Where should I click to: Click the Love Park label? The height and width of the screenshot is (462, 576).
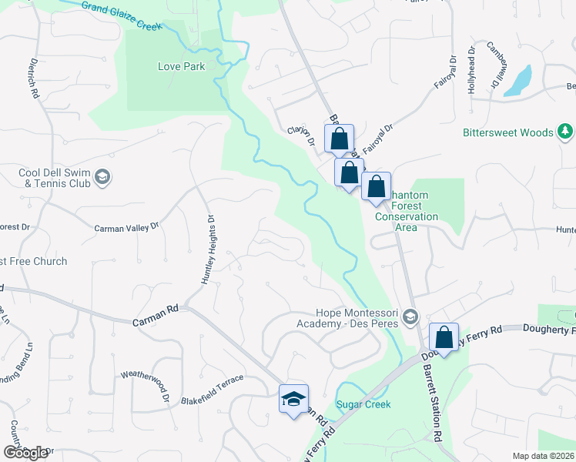pyautogui.click(x=181, y=66)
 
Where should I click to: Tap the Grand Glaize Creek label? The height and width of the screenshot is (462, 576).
pyautogui.click(x=121, y=15)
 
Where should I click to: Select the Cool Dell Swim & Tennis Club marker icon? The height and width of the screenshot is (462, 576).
pyautogui.click(x=102, y=179)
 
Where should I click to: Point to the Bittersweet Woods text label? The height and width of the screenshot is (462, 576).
pyautogui.click(x=507, y=132)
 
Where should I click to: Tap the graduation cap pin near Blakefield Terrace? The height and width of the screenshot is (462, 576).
pyautogui.click(x=293, y=399)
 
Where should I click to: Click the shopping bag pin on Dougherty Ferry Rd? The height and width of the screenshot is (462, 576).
pyautogui.click(x=444, y=336)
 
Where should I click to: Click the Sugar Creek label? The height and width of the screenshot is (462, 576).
pyautogui.click(x=363, y=404)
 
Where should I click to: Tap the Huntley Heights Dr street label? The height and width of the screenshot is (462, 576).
pyautogui.click(x=206, y=249)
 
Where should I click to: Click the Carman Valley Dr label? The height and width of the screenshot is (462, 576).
pyautogui.click(x=126, y=227)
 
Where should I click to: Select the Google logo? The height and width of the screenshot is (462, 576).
pyautogui.click(x=25, y=453)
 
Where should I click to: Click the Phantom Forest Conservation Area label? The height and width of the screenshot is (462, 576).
pyautogui.click(x=406, y=206)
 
